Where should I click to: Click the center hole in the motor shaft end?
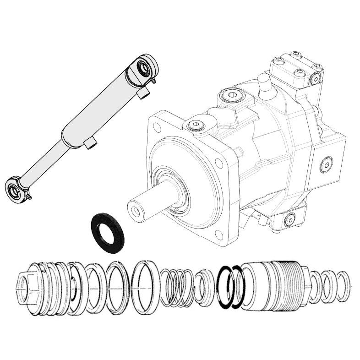(135, 212)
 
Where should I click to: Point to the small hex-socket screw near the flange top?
(196, 124)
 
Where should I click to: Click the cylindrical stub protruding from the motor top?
(264, 85)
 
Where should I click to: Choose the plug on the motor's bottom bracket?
(288, 221)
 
